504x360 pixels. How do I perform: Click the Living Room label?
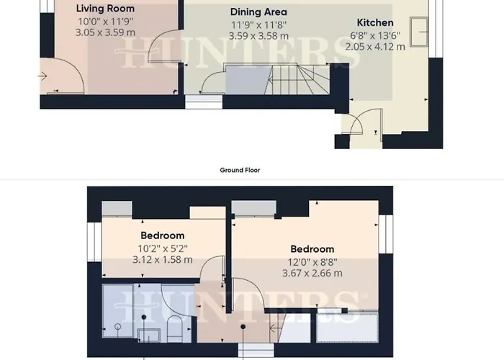[105, 9]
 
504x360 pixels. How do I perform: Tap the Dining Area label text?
[258, 12]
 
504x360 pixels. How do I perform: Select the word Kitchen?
[375, 22]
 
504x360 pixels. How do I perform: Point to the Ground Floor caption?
[240, 170]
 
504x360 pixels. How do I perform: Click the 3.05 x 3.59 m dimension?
[105, 32]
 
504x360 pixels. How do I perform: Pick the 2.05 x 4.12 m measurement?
[375, 47]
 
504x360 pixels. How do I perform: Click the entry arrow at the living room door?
[42, 76]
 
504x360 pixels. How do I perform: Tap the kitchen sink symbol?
[419, 32]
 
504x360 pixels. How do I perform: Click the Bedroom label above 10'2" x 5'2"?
[163, 235]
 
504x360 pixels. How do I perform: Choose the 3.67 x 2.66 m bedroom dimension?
[312, 273]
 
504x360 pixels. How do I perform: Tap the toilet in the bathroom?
[175, 328]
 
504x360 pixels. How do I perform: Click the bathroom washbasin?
[149, 336]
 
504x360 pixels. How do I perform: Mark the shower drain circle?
[118, 327]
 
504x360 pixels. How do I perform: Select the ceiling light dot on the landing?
[243, 327]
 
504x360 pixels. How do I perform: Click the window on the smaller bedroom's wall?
[94, 242]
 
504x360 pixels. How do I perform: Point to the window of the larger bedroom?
[385, 234]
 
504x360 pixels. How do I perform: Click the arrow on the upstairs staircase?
[274, 328]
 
